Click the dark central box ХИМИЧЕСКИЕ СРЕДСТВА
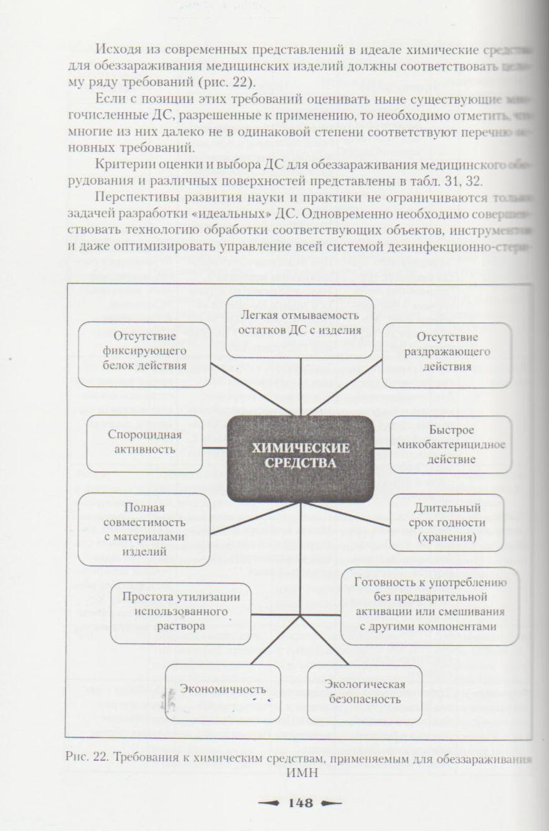pos(301,458)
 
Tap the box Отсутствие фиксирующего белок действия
pos(144,354)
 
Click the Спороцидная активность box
pos(144,443)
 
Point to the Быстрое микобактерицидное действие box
pos(450,444)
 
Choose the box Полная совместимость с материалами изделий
pos(144,529)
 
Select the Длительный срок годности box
pos(447,522)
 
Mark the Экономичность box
pos(223,692)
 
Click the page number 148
pos(300,803)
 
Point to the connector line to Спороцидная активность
pos(215,448)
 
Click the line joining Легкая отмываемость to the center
pos(301,386)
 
